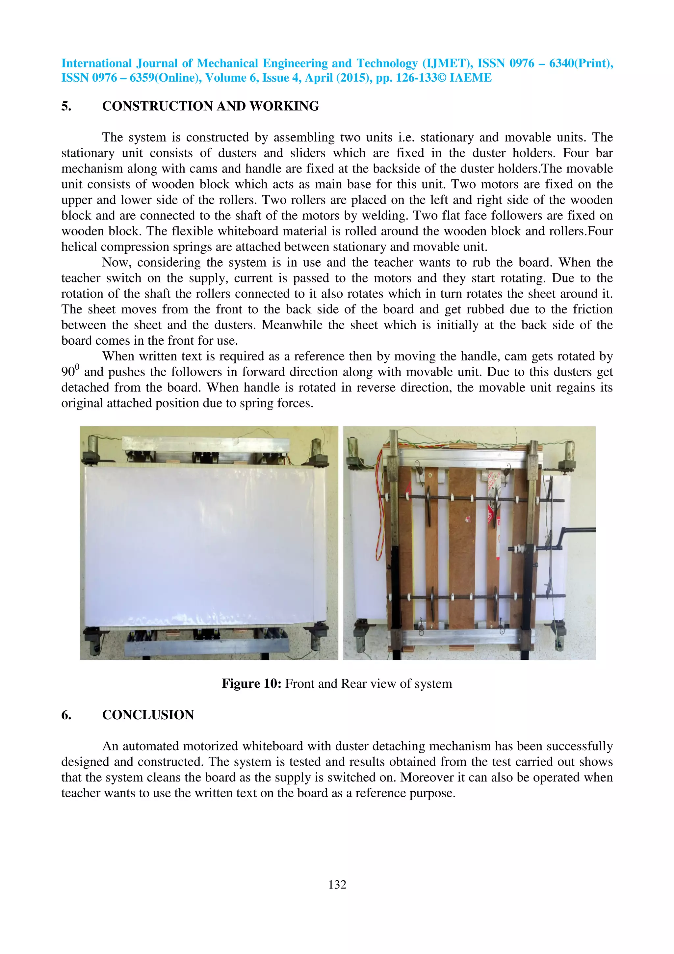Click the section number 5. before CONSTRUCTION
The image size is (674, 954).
pyautogui.click(x=66, y=106)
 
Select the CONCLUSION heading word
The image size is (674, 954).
pyautogui.click(x=148, y=715)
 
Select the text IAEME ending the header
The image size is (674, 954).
pyautogui.click(x=471, y=78)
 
